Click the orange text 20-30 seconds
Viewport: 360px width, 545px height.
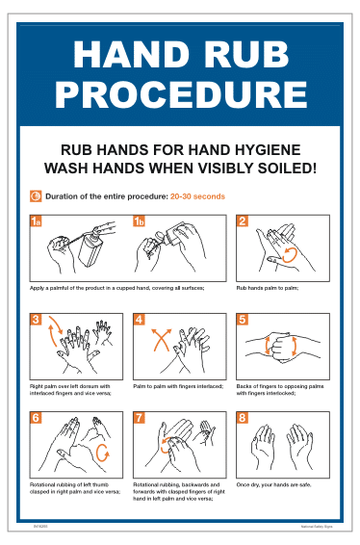(197, 196)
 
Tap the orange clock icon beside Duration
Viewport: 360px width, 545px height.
(36, 196)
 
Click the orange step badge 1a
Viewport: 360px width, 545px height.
(37, 221)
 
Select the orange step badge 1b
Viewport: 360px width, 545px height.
(140, 221)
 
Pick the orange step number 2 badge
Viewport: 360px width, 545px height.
(243, 221)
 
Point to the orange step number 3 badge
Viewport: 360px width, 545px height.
(36, 320)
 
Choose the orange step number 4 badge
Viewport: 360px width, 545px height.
(140, 320)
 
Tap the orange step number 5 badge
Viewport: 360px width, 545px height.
(243, 320)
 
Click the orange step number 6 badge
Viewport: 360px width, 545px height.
(36, 418)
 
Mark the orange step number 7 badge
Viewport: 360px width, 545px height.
(140, 418)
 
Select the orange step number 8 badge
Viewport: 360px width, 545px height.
(243, 418)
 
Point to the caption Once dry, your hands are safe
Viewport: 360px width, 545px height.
(274, 484)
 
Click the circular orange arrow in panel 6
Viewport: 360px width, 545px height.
(104, 452)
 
